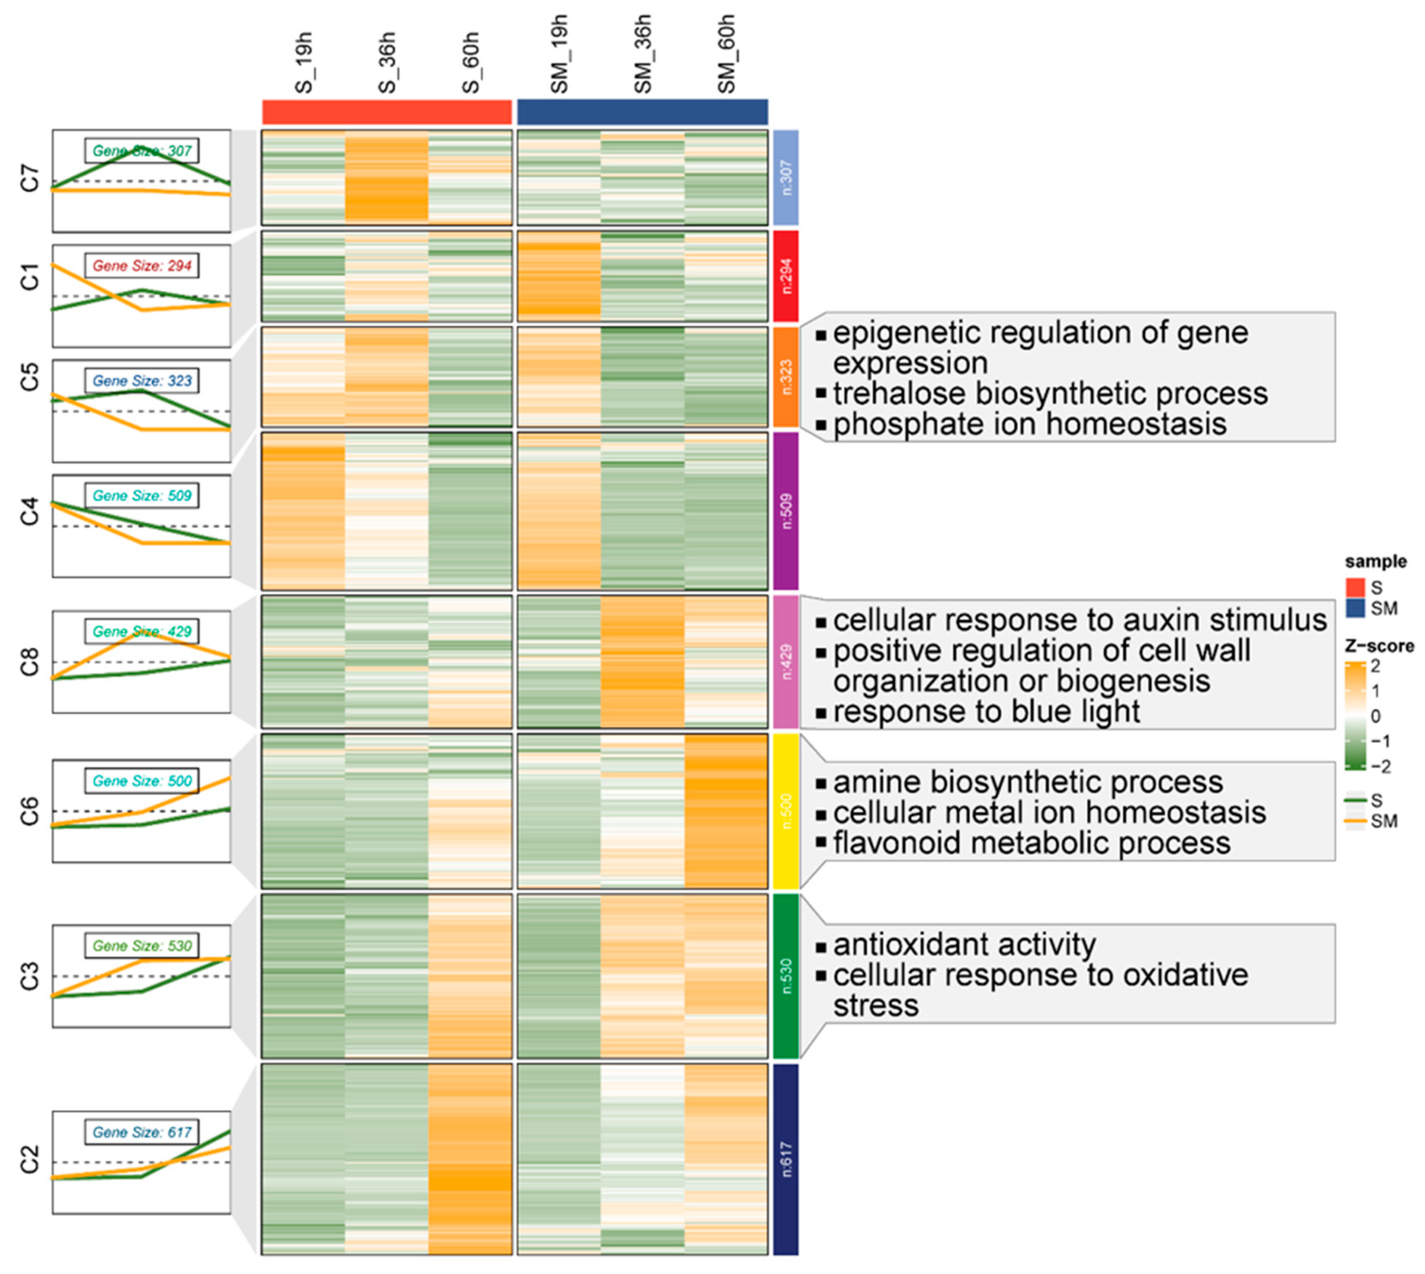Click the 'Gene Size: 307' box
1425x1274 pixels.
(142, 150)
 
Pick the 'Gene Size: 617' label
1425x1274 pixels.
(142, 1132)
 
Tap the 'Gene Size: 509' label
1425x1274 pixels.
(142, 496)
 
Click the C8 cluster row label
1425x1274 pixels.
(30, 662)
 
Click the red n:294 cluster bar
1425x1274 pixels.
(785, 276)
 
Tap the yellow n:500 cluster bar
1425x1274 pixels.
(785, 811)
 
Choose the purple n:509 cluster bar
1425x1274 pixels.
(785, 511)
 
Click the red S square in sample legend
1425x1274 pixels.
(1356, 587)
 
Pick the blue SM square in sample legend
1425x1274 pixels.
(1356, 608)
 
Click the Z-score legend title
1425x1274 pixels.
(1379, 646)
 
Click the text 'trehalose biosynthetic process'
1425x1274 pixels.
(1050, 393)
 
